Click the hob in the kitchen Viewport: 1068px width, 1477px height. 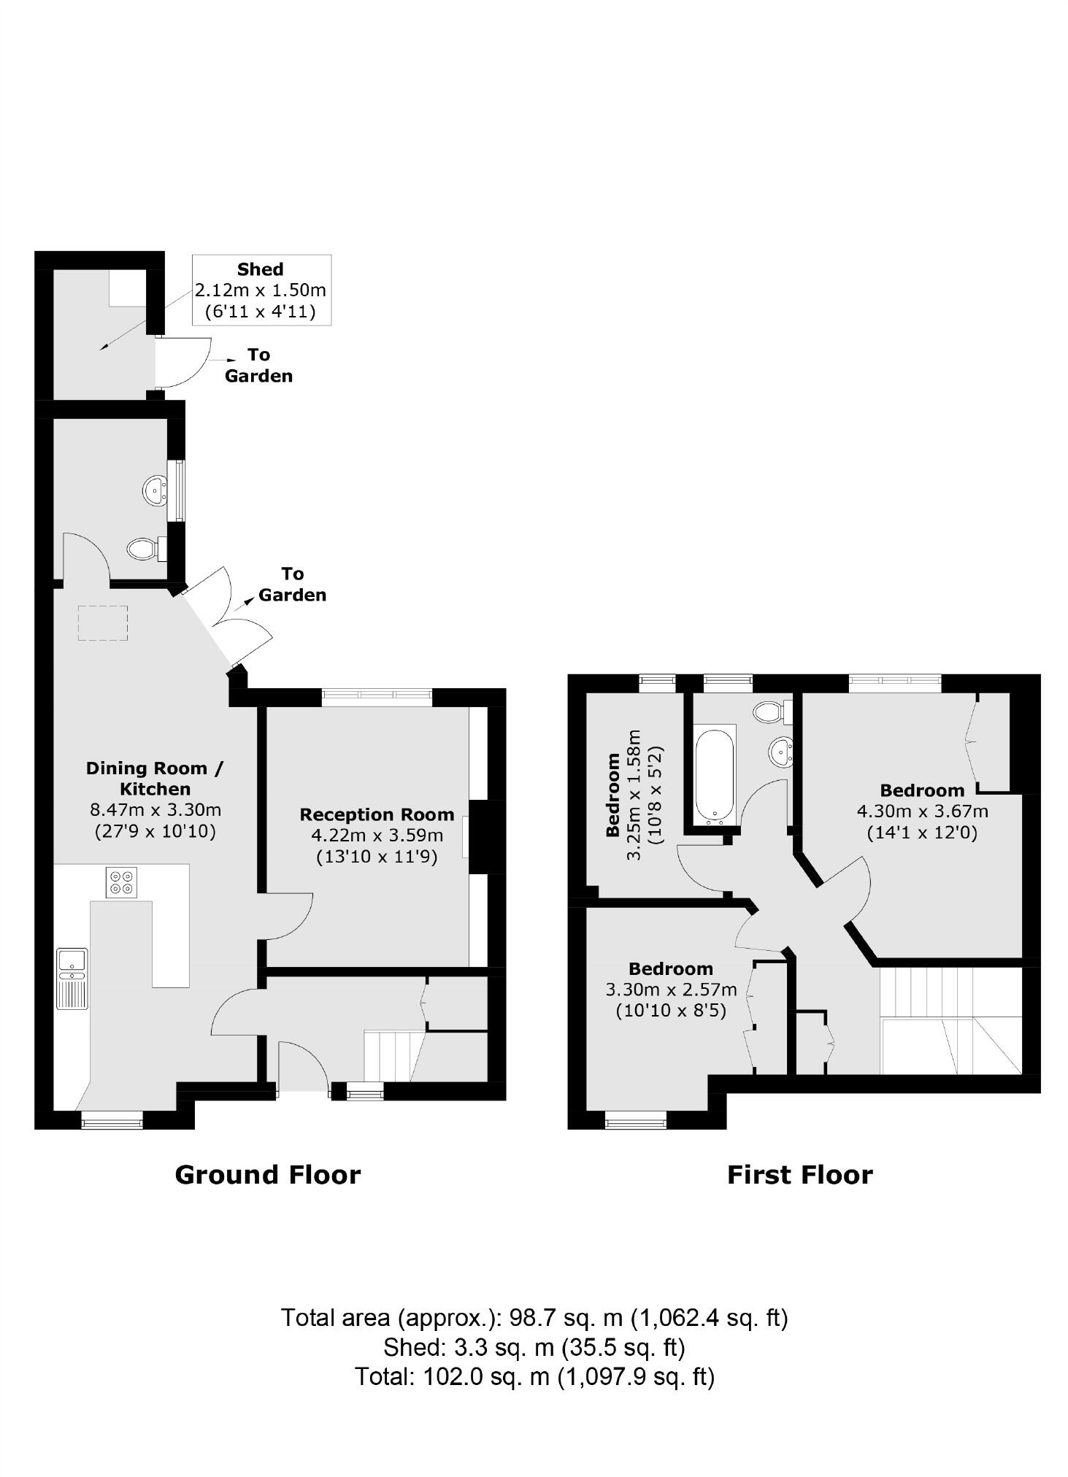pos(121,882)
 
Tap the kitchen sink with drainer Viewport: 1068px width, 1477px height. pos(72,978)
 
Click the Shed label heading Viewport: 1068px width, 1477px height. pos(260,269)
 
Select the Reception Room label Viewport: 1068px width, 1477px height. pos(377,814)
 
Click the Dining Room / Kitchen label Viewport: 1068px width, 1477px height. pos(155,778)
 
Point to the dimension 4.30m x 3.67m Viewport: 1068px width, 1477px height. pos(922,811)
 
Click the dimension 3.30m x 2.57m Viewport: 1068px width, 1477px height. pos(671,990)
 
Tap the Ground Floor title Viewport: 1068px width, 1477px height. pos(267,1176)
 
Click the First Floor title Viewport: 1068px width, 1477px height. pos(799,1176)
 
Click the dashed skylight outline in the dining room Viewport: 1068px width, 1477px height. pos(103,623)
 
